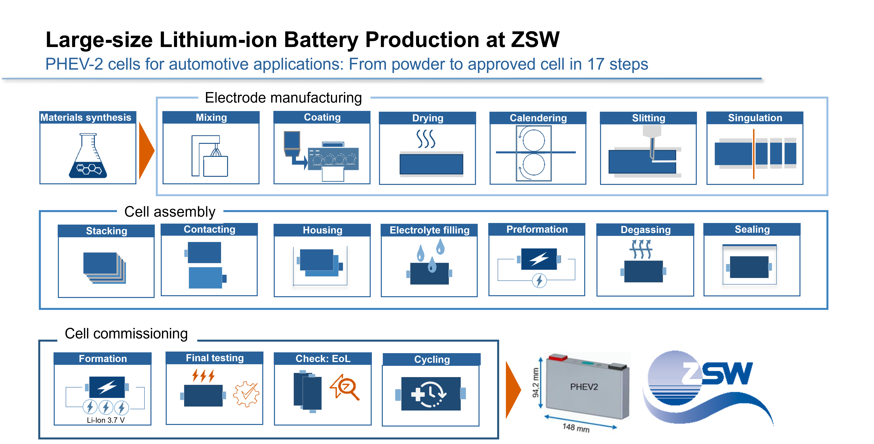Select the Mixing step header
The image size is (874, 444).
[x=211, y=117]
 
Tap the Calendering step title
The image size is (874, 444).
[x=538, y=118]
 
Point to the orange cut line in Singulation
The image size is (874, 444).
[x=753, y=154]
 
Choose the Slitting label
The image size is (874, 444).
[x=648, y=118]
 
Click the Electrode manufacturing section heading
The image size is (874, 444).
[x=283, y=98]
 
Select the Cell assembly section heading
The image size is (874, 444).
[x=170, y=212]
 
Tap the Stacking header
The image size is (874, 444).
[x=106, y=231]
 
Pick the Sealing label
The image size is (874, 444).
[x=752, y=230]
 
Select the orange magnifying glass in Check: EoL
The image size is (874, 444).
[x=345, y=387]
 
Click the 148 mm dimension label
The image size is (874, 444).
[x=576, y=428]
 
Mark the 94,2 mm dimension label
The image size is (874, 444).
[x=535, y=382]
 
